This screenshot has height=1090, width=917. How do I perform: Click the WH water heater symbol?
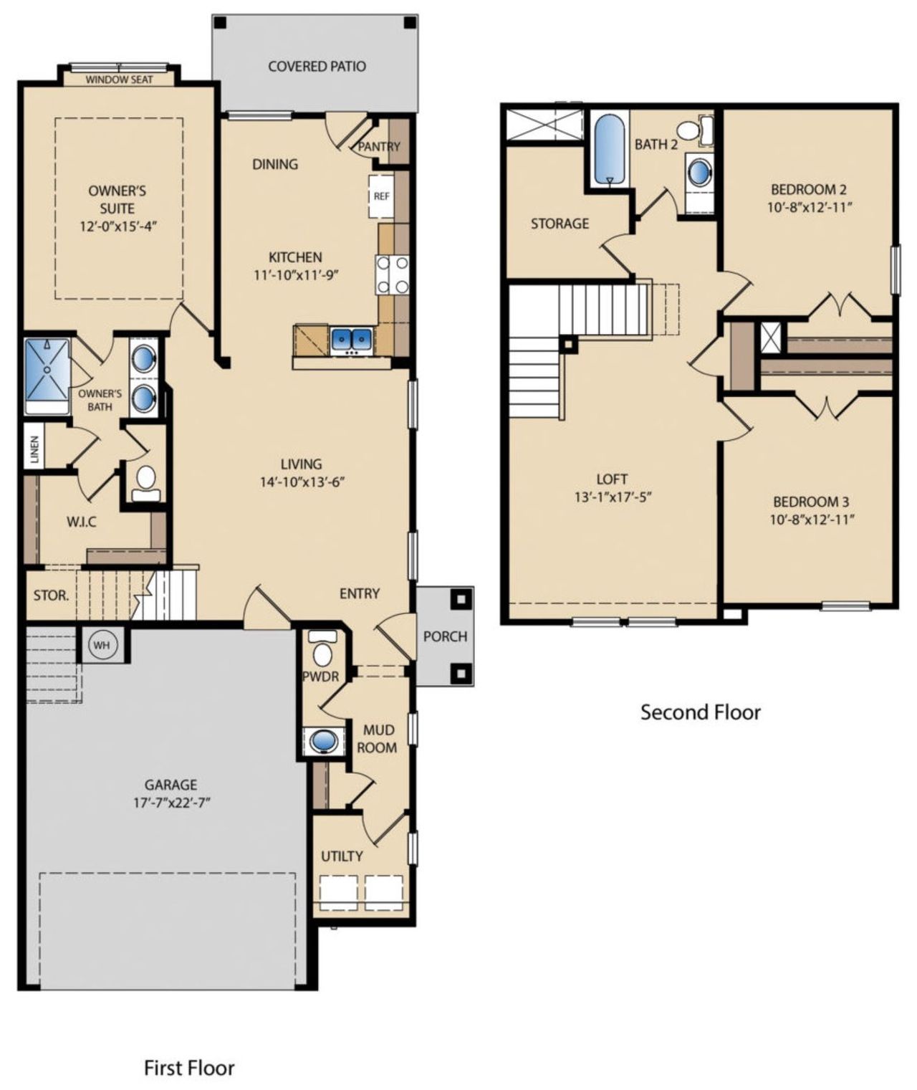102,645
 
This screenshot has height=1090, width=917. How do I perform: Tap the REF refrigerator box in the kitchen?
381,196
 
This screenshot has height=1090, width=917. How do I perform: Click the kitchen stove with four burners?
393,274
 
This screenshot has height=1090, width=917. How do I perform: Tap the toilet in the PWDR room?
323,649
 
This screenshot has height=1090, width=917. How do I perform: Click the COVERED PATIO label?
317,67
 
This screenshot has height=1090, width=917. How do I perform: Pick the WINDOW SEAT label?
119,80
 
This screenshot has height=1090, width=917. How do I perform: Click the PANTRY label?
379,146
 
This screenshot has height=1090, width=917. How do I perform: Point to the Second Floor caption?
700,712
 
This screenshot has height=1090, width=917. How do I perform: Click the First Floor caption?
189,1068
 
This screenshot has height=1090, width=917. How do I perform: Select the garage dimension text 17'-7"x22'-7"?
171,803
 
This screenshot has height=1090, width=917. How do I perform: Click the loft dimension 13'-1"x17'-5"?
612,497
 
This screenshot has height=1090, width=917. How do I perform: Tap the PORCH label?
445,636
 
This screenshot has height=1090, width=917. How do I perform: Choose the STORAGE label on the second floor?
560,224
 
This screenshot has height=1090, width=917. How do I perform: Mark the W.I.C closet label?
82,522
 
